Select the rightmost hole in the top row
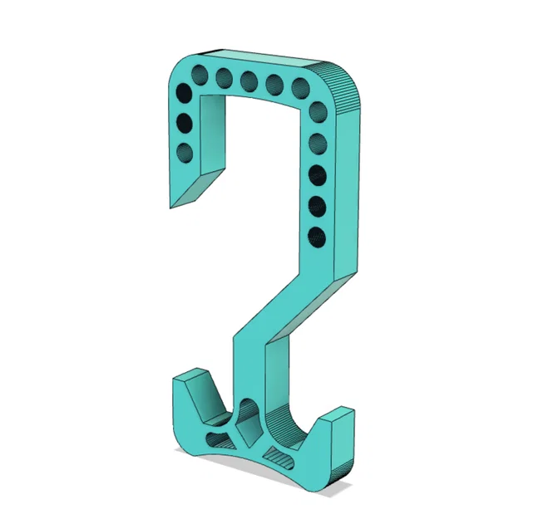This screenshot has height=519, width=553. [300, 86]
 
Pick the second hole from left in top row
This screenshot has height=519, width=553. [224, 77]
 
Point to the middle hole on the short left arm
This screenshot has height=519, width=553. [184, 124]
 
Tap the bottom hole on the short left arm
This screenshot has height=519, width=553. [185, 152]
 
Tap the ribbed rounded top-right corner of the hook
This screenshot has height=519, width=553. [347, 88]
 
